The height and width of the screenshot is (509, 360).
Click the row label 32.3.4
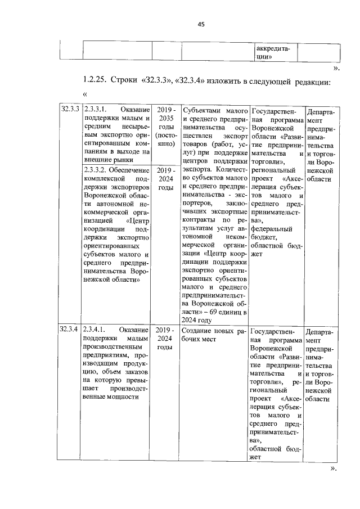pyautogui.click(x=70, y=330)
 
